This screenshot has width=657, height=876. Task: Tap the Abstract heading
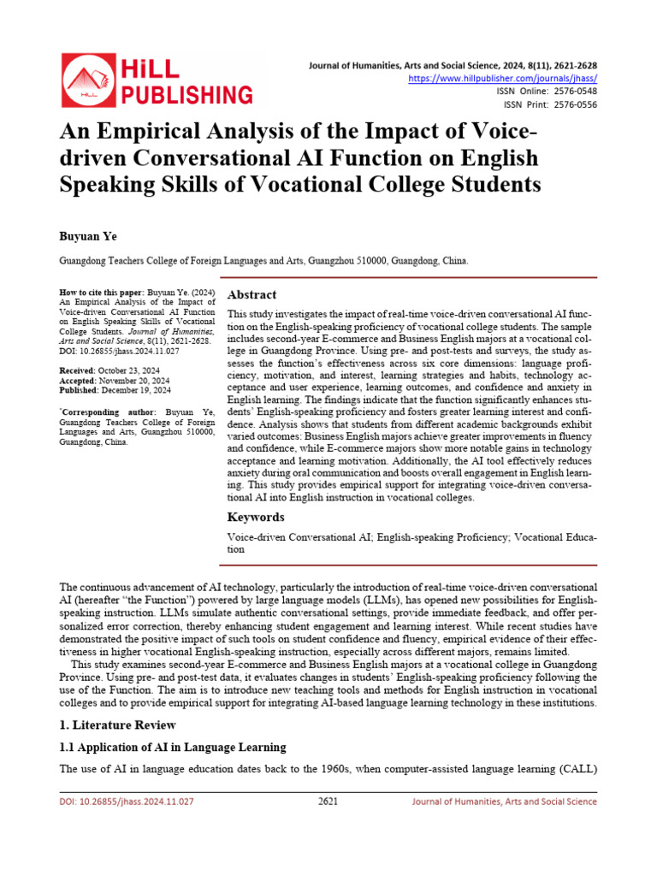pos(252,294)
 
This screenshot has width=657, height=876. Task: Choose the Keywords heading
pos(256,518)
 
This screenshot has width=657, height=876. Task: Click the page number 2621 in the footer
pos(328,802)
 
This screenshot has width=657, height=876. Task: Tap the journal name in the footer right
pos(504,802)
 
